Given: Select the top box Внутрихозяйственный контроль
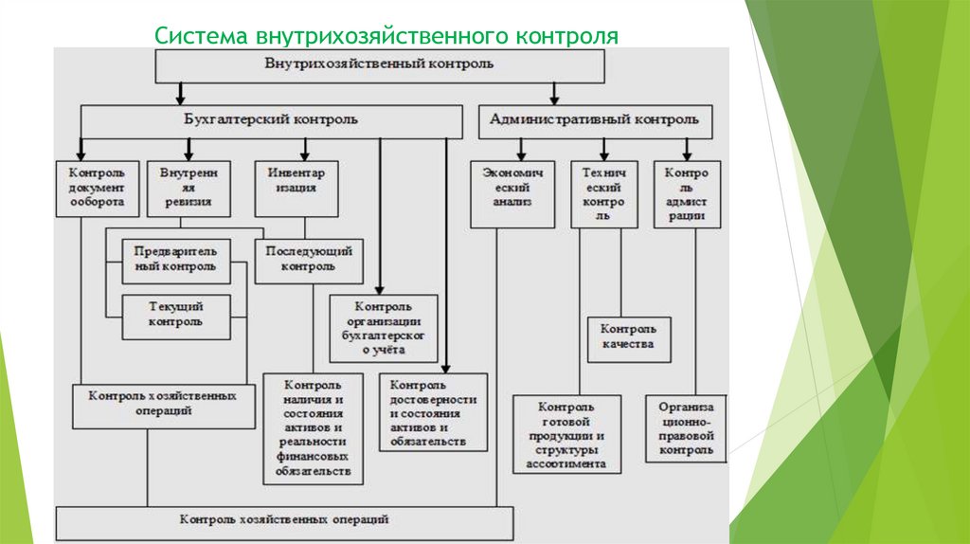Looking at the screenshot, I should click(379, 65).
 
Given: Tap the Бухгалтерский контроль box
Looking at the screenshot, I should click(271, 120).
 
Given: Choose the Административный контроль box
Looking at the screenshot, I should click(595, 120).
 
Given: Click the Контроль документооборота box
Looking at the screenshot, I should click(97, 189).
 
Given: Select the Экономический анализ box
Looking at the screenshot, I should click(512, 193).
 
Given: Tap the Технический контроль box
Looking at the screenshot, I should click(604, 193).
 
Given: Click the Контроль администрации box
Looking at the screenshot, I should click(686, 193).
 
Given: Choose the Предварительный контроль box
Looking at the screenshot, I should click(175, 260).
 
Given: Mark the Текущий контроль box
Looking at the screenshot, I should click(175, 315).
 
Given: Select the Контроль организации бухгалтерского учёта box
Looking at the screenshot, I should click(384, 328).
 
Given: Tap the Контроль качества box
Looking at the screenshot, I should click(628, 338).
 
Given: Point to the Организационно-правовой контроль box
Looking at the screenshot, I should click(686, 427).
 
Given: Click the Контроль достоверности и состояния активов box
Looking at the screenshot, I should click(434, 412).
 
